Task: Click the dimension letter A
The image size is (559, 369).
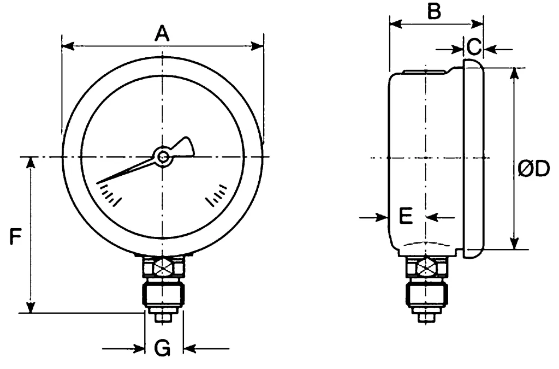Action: pos(162,34)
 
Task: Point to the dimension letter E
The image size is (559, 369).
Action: pos(406,216)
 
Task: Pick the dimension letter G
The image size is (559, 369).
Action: pos(162,348)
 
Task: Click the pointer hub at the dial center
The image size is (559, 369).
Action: pos(163,157)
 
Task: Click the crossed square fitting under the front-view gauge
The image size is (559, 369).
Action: pos(163,267)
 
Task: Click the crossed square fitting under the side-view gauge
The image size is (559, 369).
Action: pos(426,267)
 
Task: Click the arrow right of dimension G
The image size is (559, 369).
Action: pos(191,348)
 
